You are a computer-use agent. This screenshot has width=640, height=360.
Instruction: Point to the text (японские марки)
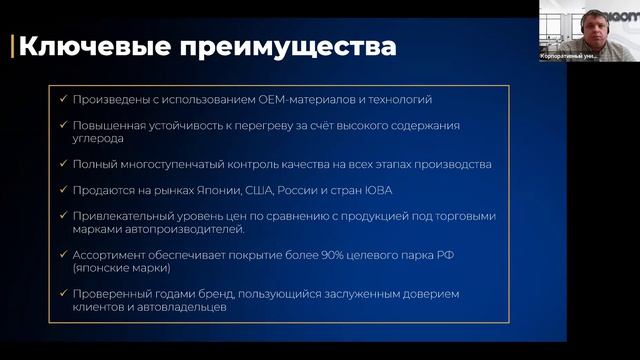119,269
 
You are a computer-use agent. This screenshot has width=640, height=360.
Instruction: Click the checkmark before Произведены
63,100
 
